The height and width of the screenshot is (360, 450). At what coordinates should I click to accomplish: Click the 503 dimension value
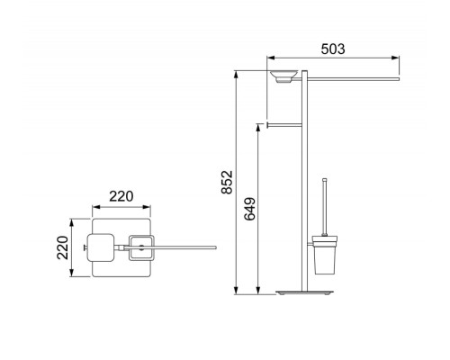(333, 49)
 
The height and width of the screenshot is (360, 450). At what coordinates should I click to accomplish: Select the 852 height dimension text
(227, 182)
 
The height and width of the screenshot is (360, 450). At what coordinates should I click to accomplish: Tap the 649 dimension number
(250, 209)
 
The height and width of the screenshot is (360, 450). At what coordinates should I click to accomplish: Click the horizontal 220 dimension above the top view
(121, 196)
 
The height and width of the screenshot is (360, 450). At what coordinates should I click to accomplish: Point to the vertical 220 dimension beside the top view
(63, 247)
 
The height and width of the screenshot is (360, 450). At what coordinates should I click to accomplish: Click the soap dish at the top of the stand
(283, 76)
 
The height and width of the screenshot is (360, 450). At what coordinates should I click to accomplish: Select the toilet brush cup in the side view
(324, 255)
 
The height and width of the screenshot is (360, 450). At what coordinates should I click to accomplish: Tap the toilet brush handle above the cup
(324, 207)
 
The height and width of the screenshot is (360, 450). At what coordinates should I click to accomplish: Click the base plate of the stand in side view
(304, 292)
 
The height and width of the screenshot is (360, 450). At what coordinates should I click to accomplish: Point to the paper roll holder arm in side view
(284, 125)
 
